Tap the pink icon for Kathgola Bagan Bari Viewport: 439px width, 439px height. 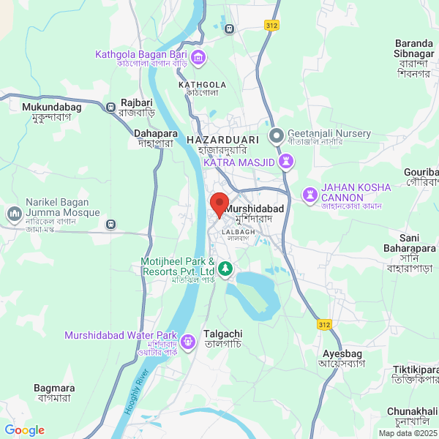(198, 56)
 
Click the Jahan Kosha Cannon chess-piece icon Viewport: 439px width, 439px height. (309, 195)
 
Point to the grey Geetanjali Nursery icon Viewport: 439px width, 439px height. (277, 135)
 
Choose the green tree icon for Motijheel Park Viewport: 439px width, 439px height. (226, 268)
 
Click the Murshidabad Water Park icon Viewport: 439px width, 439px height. (188, 339)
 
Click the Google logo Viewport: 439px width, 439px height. (24, 430)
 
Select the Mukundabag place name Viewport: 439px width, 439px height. (47, 107)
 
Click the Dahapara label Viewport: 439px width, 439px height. (154, 133)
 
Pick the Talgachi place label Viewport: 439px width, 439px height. (223, 334)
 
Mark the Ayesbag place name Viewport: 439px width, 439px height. (341, 354)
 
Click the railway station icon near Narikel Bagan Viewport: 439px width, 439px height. (110, 224)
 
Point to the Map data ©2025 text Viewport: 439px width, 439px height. (407, 432)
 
